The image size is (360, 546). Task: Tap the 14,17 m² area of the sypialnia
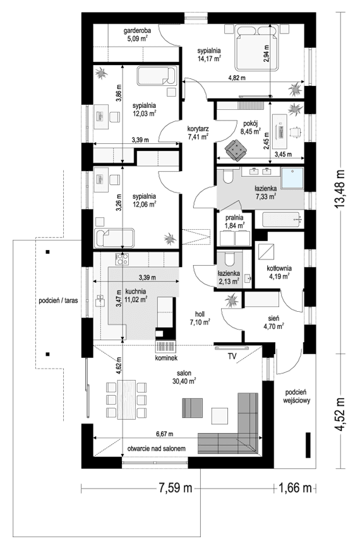coord(208,59)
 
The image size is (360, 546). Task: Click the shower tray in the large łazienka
coord(292,178)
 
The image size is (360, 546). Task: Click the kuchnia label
coord(136,291)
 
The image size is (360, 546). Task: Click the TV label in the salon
coord(232,357)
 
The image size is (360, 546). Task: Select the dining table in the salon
coord(125,398)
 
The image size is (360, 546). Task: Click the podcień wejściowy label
coord(296,396)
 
